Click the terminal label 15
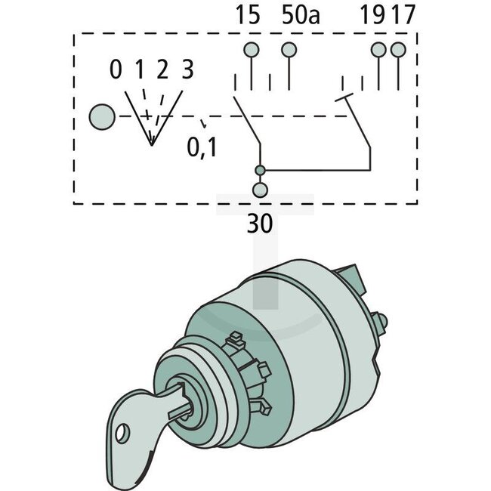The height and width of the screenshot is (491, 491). [x=248, y=16]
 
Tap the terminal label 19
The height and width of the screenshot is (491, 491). [x=377, y=16]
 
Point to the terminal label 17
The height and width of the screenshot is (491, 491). [x=404, y=16]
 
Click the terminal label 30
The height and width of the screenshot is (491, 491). [x=260, y=224]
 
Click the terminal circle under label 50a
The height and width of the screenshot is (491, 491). [x=289, y=51]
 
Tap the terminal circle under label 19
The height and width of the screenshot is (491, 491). [x=378, y=51]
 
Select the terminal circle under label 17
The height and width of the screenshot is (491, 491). [x=398, y=51]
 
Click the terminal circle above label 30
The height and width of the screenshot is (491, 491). [x=260, y=190]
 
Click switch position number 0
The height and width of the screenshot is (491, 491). [x=115, y=70]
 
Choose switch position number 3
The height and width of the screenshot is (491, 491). [x=187, y=70]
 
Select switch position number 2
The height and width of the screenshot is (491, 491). [x=162, y=70]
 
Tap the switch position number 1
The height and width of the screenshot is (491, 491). [x=139, y=70]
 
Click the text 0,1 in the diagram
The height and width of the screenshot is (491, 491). [x=202, y=147]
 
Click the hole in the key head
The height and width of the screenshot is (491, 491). [x=120, y=433]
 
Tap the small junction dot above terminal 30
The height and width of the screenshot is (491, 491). [x=260, y=170]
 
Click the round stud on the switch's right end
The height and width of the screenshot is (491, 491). [x=381, y=322]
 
